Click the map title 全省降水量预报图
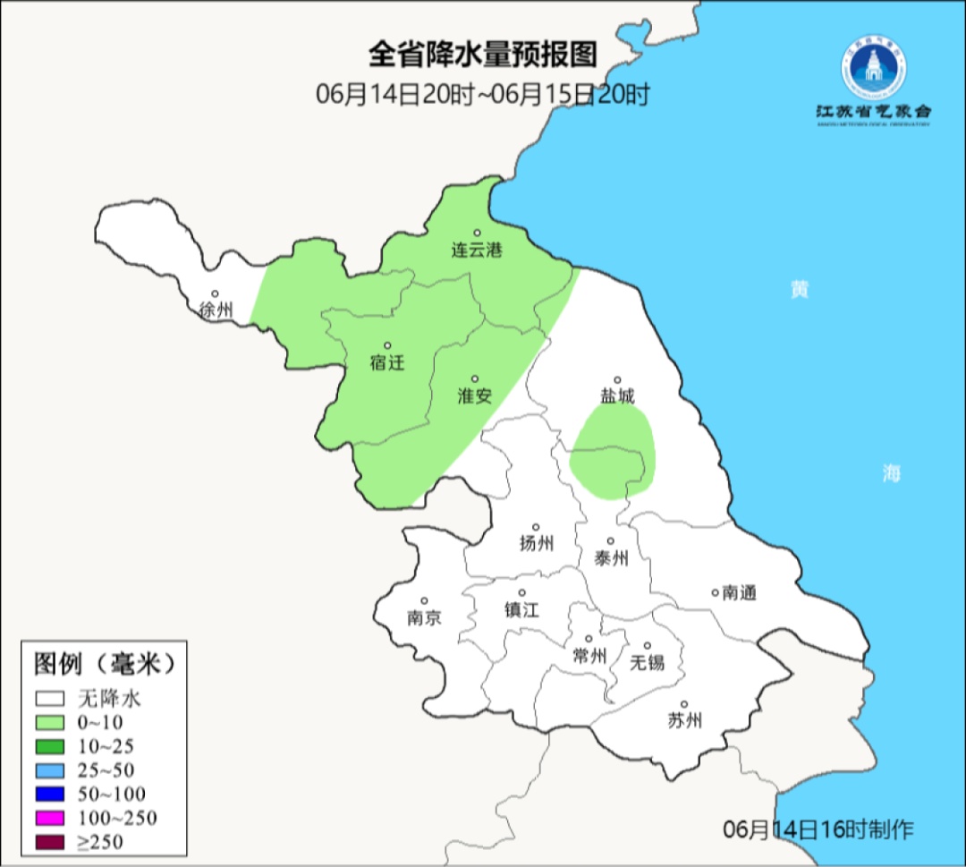pyautogui.click(x=482, y=55)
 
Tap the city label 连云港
pyautogui.click(x=476, y=251)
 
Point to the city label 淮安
pyautogui.click(x=475, y=395)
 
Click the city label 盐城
pyautogui.click(x=616, y=396)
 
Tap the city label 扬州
pyautogui.click(x=536, y=543)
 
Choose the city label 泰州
pyautogui.click(x=611, y=558)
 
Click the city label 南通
pyautogui.click(x=740, y=592)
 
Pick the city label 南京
pyautogui.click(x=424, y=617)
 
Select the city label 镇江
pyautogui.click(x=522, y=609)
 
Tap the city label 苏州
pyautogui.click(x=685, y=720)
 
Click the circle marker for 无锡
pyautogui.click(x=648, y=645)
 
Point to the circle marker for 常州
pyautogui.click(x=589, y=639)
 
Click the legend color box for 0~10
pyautogui.click(x=50, y=722)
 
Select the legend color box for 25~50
pyautogui.click(x=50, y=769)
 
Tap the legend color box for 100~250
pyautogui.click(x=50, y=818)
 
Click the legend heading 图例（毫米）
pyautogui.click(x=102, y=664)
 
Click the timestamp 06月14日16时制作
pyautogui.click(x=818, y=829)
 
